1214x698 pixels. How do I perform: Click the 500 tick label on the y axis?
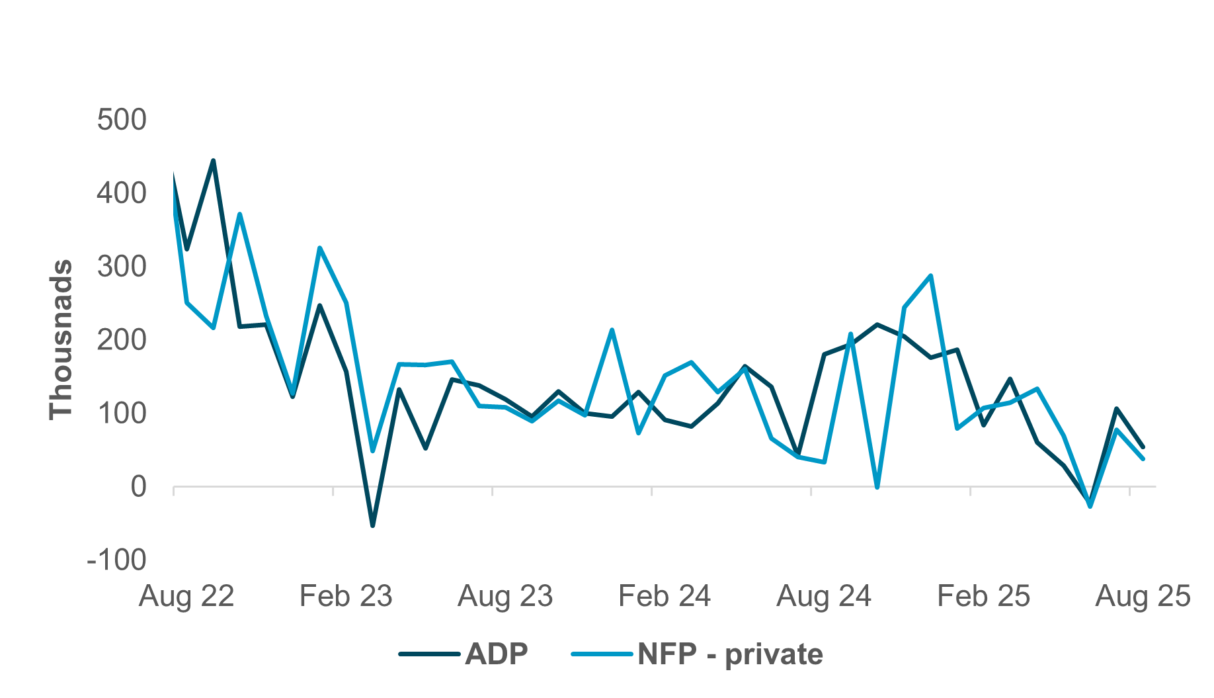(x=122, y=120)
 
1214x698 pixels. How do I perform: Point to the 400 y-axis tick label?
(x=122, y=194)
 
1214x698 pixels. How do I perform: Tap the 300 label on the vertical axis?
(x=122, y=267)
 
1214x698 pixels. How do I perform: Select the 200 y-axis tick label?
(x=122, y=340)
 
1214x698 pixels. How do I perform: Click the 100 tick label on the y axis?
(x=122, y=414)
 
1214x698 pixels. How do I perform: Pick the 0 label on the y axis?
(x=138, y=487)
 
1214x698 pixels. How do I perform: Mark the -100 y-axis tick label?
(x=116, y=560)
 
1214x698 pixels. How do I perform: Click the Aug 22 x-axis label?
(x=186, y=597)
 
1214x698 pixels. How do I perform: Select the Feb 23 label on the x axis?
(x=346, y=597)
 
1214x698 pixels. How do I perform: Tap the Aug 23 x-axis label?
(x=505, y=597)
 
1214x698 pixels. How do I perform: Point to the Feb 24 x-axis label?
(x=665, y=597)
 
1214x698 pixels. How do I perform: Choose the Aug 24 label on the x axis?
(x=824, y=597)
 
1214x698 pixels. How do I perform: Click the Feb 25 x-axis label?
(x=983, y=597)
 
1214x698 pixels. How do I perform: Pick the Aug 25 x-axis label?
(x=1143, y=597)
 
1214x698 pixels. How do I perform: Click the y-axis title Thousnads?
(x=61, y=339)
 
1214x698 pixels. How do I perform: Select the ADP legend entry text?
(x=497, y=654)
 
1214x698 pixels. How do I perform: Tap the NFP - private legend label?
(x=730, y=654)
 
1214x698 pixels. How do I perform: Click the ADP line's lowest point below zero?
(x=372, y=525)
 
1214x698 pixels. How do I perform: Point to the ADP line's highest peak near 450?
(x=213, y=161)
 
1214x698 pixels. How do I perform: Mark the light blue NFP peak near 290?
(x=930, y=276)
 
